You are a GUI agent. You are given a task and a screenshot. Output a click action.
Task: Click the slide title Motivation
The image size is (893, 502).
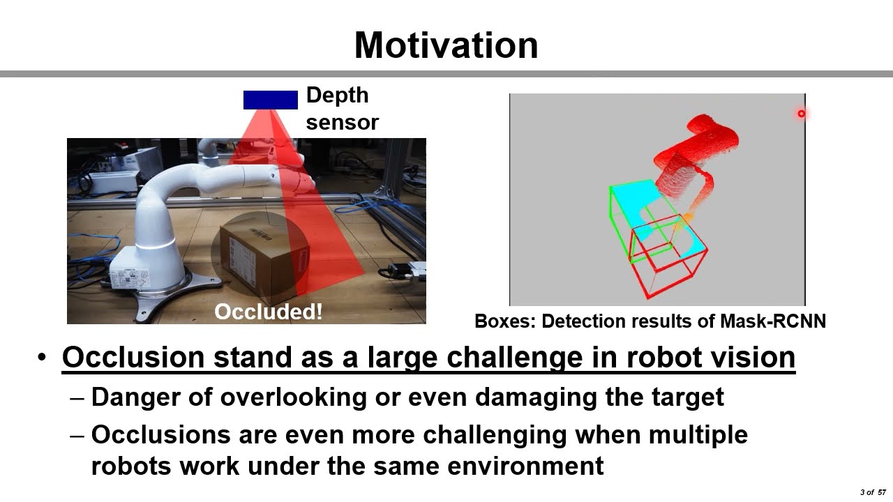point(446,45)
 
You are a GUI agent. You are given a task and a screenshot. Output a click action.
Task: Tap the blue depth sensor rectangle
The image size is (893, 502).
point(270,100)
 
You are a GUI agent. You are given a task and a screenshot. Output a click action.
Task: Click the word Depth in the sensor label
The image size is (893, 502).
point(337,96)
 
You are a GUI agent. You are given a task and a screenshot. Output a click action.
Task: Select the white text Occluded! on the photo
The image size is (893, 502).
point(269,311)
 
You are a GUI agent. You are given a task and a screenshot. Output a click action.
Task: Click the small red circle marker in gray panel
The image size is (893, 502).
point(802,114)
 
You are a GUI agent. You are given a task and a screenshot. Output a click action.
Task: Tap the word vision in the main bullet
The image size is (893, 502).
point(756,357)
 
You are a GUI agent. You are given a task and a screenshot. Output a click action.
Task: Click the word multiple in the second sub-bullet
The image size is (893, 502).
point(698,434)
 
